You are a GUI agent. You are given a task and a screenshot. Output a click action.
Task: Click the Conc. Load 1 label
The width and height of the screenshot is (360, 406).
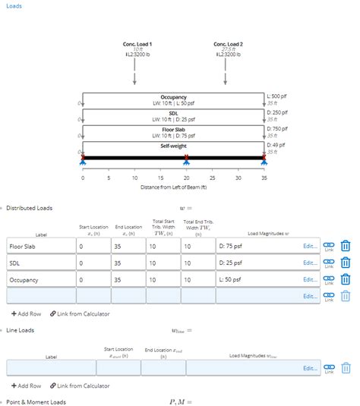click(x=137, y=44)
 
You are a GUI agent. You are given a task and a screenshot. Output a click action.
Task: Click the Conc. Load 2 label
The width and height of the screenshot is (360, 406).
click(x=229, y=44)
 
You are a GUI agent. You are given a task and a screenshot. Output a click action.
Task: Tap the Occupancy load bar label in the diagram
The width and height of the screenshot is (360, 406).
click(x=174, y=98)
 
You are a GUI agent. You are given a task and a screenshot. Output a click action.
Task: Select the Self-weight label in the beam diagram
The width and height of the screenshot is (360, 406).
click(x=174, y=145)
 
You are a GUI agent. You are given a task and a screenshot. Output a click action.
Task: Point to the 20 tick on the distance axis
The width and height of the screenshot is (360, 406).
click(x=187, y=177)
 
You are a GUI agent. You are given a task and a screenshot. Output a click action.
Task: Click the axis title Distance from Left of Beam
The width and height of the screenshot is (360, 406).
click(x=173, y=186)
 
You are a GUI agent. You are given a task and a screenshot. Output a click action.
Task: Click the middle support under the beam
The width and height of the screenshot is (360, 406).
click(x=187, y=160)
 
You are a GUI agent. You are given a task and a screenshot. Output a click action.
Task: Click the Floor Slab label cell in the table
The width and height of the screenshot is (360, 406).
click(x=40, y=247)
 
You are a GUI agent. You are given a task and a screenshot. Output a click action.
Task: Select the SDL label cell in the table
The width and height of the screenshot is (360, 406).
click(x=40, y=263)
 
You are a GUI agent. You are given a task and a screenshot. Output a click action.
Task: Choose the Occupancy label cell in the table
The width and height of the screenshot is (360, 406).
click(x=40, y=279)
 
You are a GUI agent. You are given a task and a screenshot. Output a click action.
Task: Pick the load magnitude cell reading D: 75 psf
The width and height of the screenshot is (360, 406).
click(x=257, y=247)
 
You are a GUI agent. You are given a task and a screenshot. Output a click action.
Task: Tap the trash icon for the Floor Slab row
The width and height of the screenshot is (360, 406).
click(x=346, y=246)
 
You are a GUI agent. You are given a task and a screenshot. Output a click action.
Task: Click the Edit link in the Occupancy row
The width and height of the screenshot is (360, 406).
click(x=310, y=279)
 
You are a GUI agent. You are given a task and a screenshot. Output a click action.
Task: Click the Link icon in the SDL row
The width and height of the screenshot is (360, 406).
click(x=329, y=263)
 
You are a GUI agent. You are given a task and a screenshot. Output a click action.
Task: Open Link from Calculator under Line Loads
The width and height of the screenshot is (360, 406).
click(x=80, y=386)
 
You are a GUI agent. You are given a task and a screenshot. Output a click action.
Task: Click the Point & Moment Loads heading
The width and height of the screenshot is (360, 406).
click(x=36, y=401)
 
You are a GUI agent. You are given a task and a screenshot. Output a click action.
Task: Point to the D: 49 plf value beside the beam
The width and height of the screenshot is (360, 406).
click(x=277, y=144)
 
